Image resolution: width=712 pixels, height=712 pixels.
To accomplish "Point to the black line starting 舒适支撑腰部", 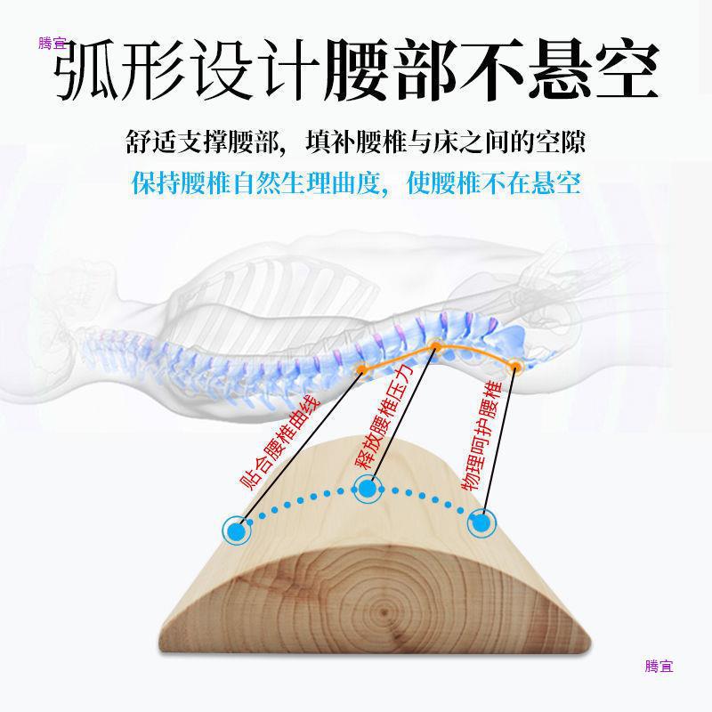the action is click(x=355, y=143).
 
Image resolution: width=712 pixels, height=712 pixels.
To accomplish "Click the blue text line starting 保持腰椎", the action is click(x=355, y=184).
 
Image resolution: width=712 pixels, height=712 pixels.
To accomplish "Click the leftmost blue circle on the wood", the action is click(x=237, y=530).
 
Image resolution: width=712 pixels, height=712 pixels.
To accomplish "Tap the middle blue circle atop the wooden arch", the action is click(x=367, y=487).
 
